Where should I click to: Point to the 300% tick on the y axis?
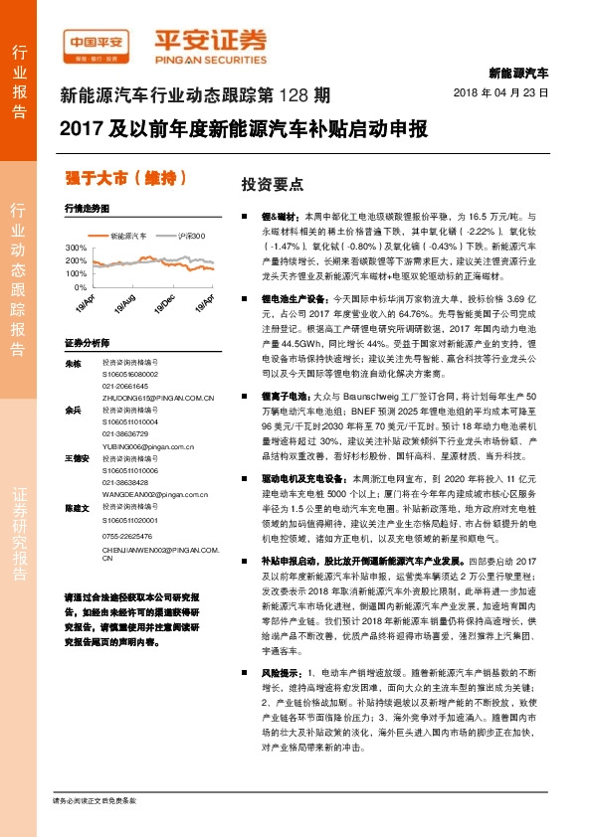[75, 246]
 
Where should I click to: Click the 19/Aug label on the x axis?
[126, 302]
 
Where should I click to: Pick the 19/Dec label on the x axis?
[165, 302]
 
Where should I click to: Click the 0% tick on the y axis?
[80, 286]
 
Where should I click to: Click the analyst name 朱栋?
[72, 365]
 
